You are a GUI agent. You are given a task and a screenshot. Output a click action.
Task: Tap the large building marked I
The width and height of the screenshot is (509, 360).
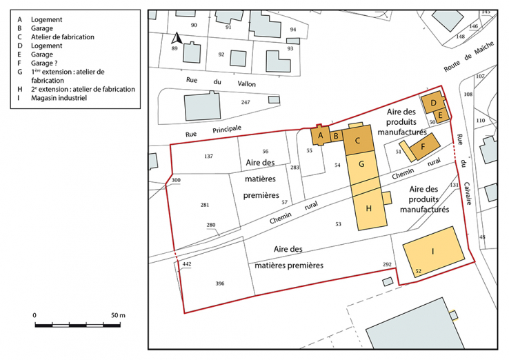click(433, 252)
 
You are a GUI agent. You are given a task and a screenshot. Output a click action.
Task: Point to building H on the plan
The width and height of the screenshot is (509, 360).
click(369, 209)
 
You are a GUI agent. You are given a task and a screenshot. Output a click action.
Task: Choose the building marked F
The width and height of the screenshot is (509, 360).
click(423, 147)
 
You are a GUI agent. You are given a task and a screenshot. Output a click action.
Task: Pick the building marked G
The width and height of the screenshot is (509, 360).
click(361, 166)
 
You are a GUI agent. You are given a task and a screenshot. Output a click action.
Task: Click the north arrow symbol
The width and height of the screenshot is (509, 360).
click(175, 38)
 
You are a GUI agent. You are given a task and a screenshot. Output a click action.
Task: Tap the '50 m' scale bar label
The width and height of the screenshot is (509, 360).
click(117, 315)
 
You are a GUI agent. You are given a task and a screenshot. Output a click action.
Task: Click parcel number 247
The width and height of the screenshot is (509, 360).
click(245, 102)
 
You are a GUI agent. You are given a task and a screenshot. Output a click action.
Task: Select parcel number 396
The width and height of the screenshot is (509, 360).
click(220, 283)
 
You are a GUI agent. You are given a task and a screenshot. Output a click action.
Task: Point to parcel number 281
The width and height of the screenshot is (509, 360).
click(205, 205)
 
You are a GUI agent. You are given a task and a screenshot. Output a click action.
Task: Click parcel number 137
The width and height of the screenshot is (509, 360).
click(209, 157)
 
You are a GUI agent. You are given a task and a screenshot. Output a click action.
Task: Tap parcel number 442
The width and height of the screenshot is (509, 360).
click(186, 263)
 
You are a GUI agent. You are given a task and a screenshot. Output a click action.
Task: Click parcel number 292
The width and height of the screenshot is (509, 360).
click(387, 264)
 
